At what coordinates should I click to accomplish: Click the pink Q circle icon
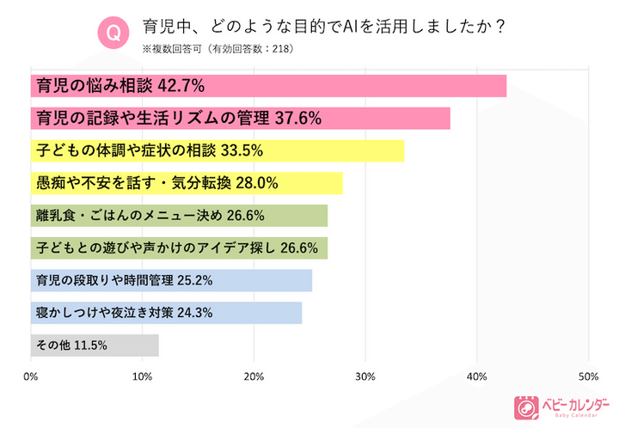pyautogui.click(x=112, y=34)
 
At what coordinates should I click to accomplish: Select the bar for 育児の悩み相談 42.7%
pyautogui.click(x=268, y=86)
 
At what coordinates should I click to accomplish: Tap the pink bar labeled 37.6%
pyautogui.click(x=240, y=119)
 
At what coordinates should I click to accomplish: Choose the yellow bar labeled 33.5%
pyautogui.click(x=217, y=150)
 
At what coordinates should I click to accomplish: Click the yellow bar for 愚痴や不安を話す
pyautogui.click(x=187, y=183)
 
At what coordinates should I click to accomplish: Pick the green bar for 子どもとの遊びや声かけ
pyautogui.click(x=179, y=248)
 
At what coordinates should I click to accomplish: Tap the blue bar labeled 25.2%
pyautogui.click(x=171, y=280)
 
